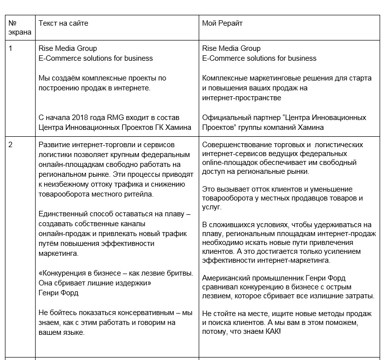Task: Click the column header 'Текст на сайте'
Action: coord(63,23)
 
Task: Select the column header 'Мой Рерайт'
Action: coord(222,23)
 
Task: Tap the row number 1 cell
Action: coord(11,48)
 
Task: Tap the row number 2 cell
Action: coord(11,145)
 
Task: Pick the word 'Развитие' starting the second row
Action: coord(53,145)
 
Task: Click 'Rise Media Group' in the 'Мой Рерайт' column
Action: coord(231,48)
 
